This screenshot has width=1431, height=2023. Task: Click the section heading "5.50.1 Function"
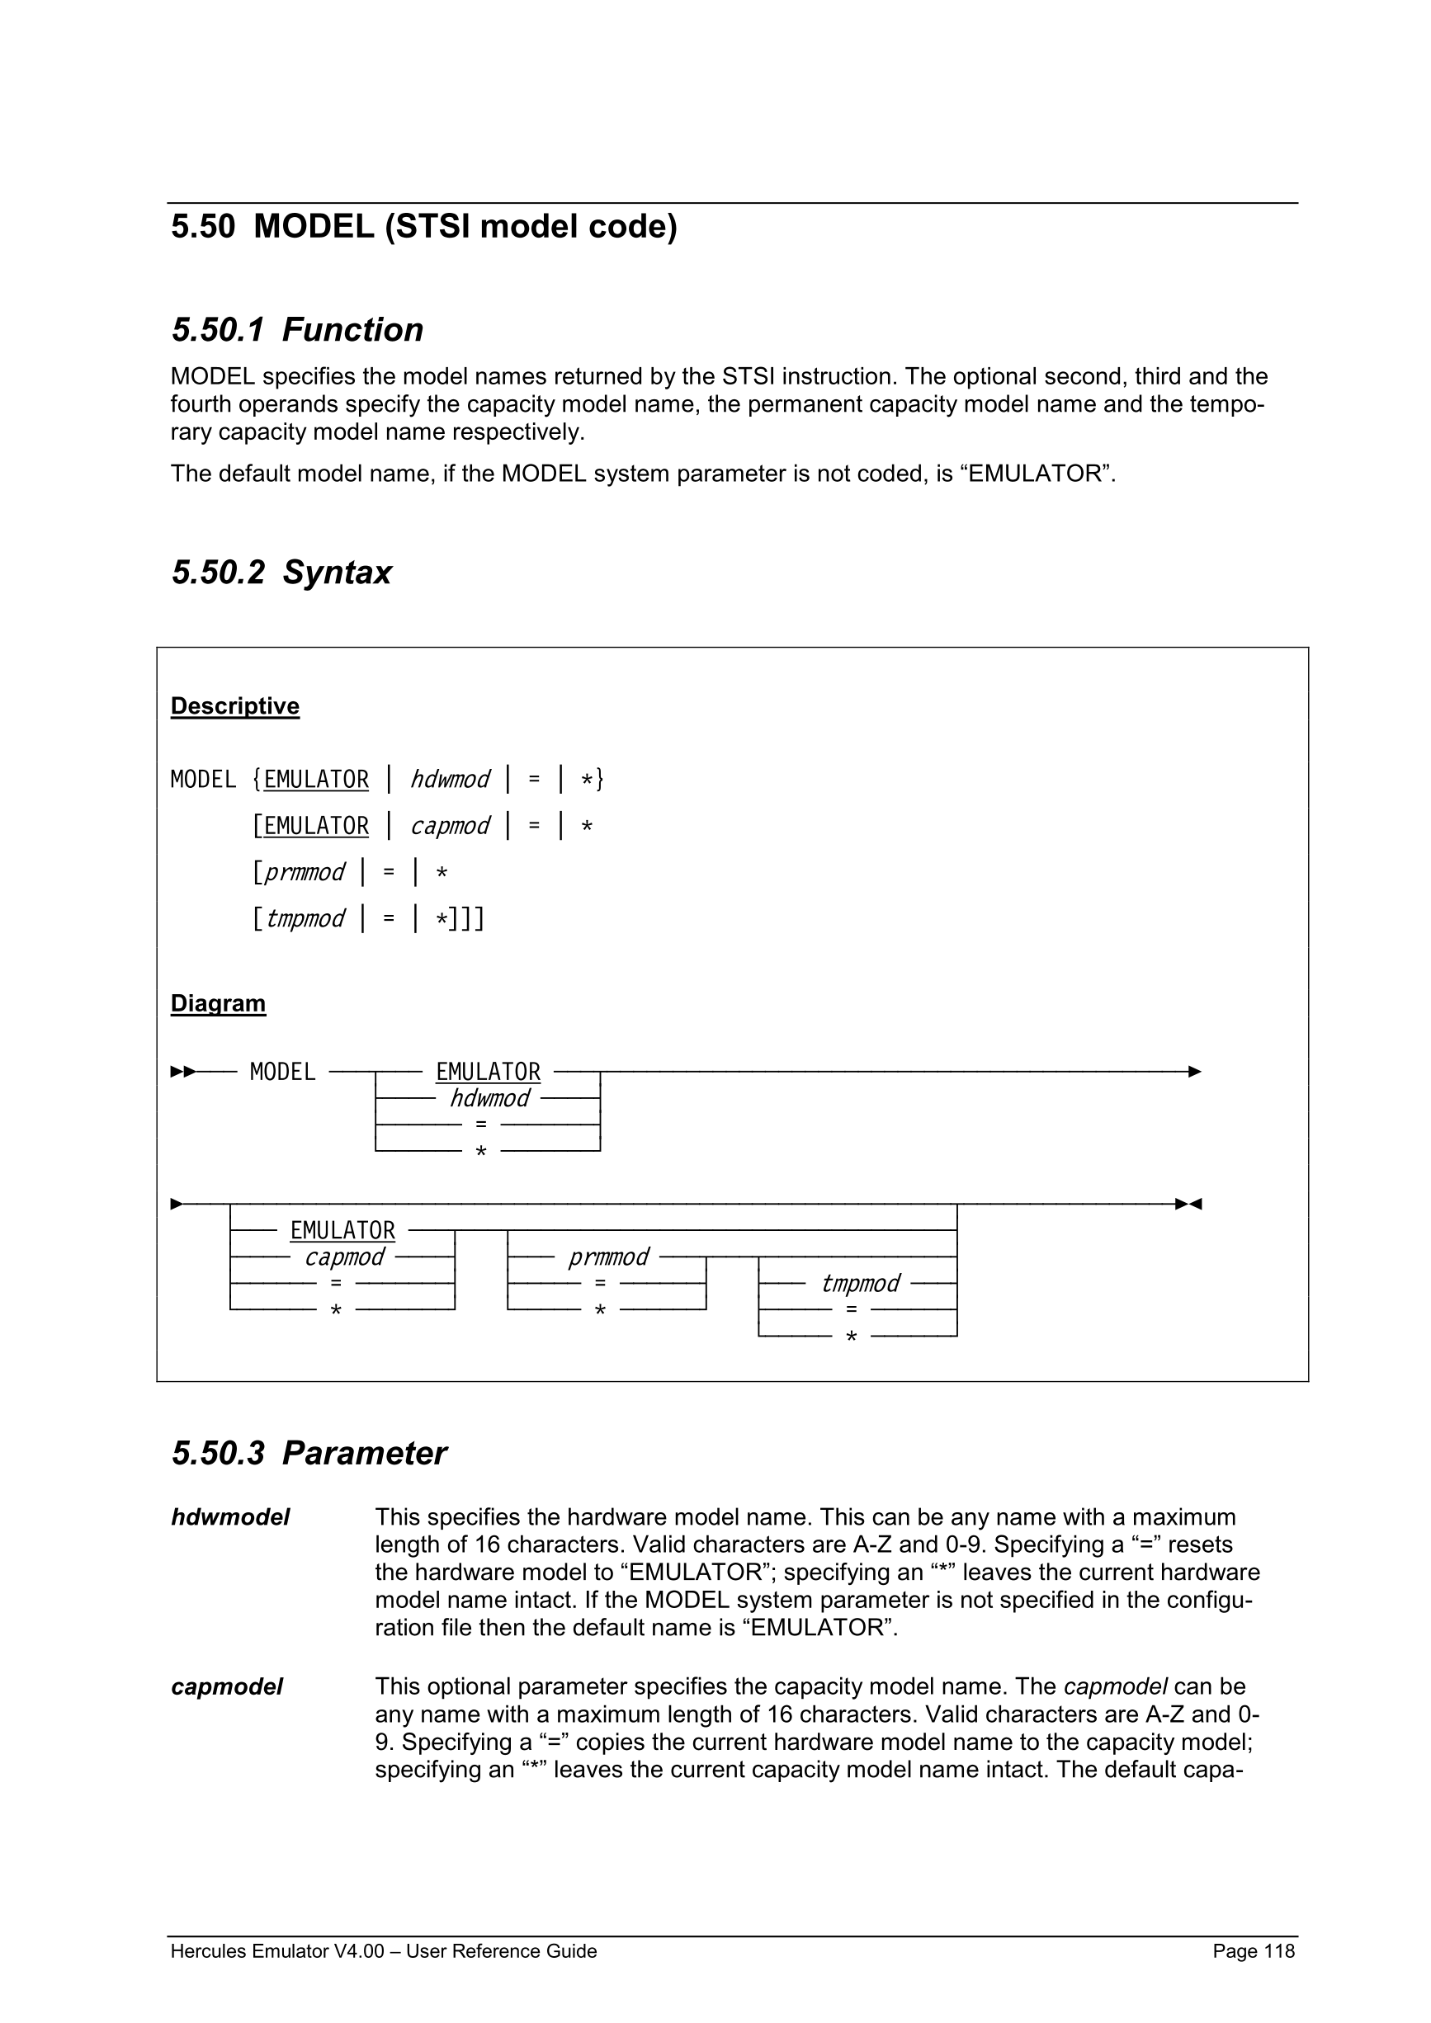point(297,329)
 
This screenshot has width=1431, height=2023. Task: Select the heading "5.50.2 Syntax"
point(281,573)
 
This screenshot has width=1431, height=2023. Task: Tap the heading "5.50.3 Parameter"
point(309,1453)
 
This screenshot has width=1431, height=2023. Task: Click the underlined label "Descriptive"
point(234,705)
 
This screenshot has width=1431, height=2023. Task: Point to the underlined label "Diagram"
point(218,1003)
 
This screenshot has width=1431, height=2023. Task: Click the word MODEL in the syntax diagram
point(282,1073)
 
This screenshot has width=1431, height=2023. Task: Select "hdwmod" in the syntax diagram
point(490,1099)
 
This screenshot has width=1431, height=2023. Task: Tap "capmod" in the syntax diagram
point(344,1257)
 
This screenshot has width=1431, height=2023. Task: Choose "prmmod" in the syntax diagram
point(608,1257)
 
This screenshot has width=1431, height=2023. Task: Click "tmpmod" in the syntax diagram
point(860,1283)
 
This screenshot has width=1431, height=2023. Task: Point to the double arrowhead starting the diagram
point(182,1073)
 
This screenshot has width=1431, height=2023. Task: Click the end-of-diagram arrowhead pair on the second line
point(1188,1204)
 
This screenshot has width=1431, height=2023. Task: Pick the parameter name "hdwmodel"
point(230,1517)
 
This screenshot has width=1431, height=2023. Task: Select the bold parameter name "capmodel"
point(226,1686)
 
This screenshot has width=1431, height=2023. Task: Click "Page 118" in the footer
point(1253,1951)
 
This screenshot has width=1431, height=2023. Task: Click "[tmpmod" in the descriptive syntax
point(300,919)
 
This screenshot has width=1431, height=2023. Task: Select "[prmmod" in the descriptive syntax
point(300,872)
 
